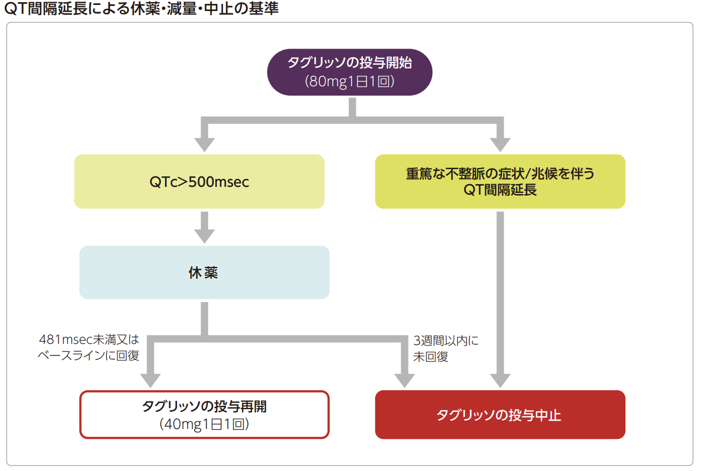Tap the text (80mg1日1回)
pos(349,81)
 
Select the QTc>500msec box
pos(199,181)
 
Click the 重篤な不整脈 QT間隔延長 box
pos(500,181)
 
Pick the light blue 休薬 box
pos(204,273)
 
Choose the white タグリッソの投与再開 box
pos(204,415)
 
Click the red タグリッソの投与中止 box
pos(500,415)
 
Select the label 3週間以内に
pos(446,341)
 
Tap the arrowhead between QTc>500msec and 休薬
pos(204,235)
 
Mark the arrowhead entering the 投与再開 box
pos(151,380)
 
